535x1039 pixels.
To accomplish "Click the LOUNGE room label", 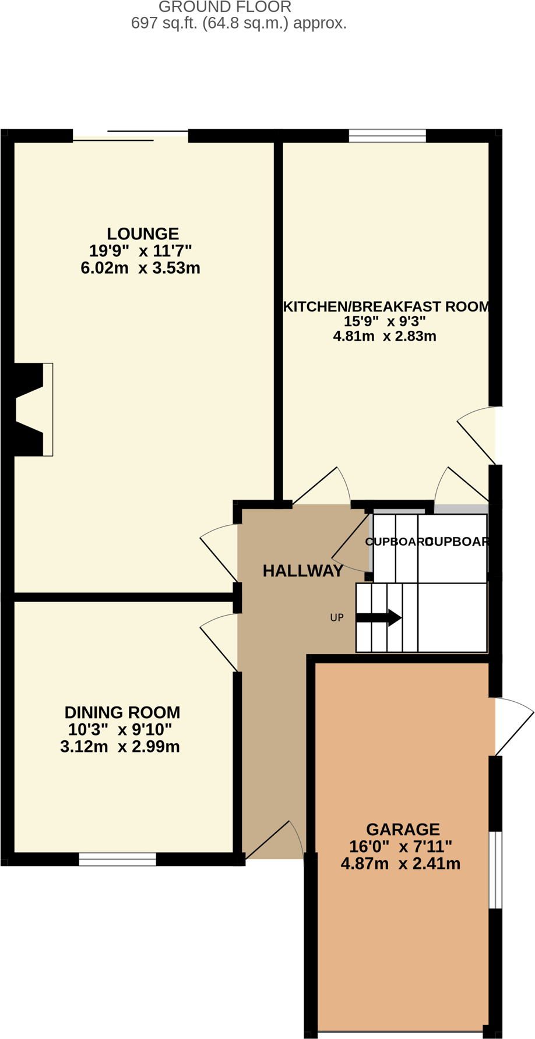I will [x=143, y=234].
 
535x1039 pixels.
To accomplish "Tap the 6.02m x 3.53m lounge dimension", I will [x=140, y=268].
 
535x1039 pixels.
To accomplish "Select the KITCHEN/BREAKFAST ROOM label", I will [x=386, y=306].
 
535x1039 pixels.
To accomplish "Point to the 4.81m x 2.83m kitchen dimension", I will [x=385, y=336].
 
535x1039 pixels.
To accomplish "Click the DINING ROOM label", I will [x=122, y=712].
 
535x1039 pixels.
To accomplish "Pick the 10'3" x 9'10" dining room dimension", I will [x=120, y=730].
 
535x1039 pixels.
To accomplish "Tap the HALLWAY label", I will [x=303, y=571].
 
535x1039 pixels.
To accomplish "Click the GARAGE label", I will [x=403, y=829].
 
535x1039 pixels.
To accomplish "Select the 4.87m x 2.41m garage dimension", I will [x=400, y=864].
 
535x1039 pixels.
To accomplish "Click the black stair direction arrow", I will [x=379, y=618].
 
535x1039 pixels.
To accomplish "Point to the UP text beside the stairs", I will [x=337, y=618].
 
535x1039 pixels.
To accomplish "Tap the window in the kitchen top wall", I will [x=388, y=136].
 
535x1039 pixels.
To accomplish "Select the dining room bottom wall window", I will [x=117, y=859].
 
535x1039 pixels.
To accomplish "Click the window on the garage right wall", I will [x=495, y=870].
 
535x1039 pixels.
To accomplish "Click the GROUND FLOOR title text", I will [x=225, y=8].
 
